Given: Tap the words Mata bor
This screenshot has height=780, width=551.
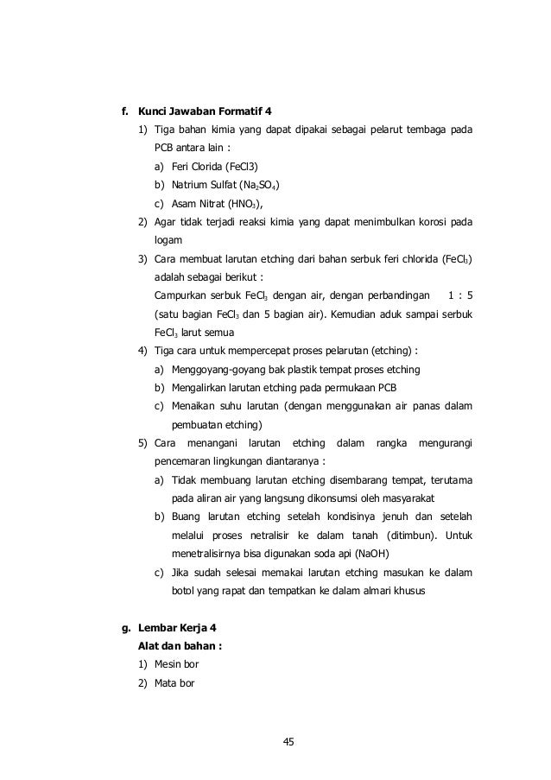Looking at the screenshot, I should (175, 685).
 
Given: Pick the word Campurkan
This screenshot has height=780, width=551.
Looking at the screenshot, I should (180, 296).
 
